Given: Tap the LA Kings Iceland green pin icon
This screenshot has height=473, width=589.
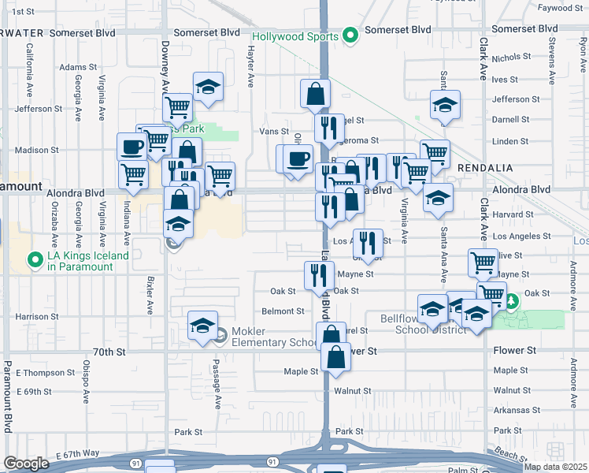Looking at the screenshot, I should click(34, 259).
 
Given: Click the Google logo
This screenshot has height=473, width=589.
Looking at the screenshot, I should click(25, 464).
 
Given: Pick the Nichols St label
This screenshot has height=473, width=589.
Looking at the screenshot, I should click(513, 58).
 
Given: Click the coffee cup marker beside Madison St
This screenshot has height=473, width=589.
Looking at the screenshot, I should click(132, 146).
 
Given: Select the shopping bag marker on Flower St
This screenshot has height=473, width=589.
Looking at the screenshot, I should click(335, 356).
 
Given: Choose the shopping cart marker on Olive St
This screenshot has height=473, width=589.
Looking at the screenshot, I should click(483, 263).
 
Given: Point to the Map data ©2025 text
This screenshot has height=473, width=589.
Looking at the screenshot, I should click(554, 467).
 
